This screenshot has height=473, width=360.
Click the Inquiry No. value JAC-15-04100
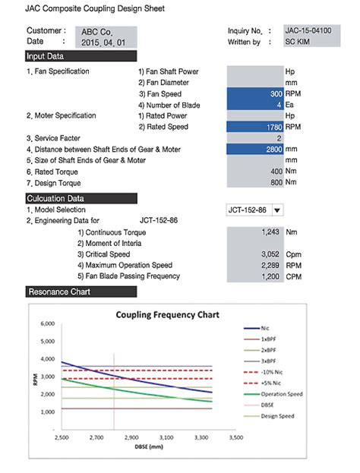coord(307,31)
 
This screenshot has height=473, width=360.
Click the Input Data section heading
coord(46,56)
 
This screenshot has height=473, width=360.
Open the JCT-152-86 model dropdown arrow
coord(277,210)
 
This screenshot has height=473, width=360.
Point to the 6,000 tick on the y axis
coord(46,323)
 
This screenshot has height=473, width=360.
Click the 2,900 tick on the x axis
coord(131,438)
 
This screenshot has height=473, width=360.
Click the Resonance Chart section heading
coord(55,292)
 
